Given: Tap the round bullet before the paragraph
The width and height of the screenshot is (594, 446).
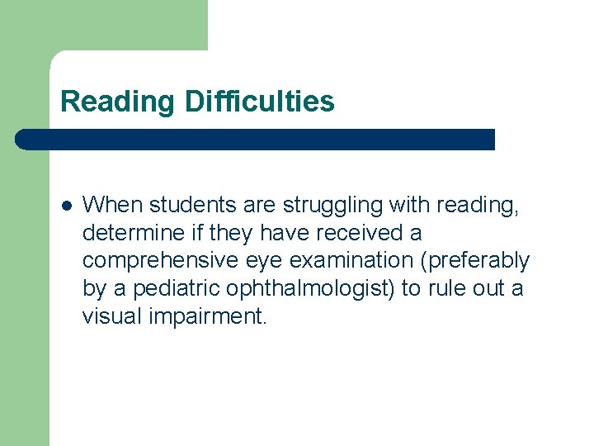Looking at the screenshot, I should (66, 205).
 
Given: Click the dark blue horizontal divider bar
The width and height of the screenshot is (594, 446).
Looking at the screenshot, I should (256, 140).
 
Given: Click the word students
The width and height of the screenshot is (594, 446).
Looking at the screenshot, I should (178, 204).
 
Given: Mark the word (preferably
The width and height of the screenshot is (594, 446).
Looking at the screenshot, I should (474, 260).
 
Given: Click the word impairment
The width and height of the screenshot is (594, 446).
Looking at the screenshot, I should (206, 316).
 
